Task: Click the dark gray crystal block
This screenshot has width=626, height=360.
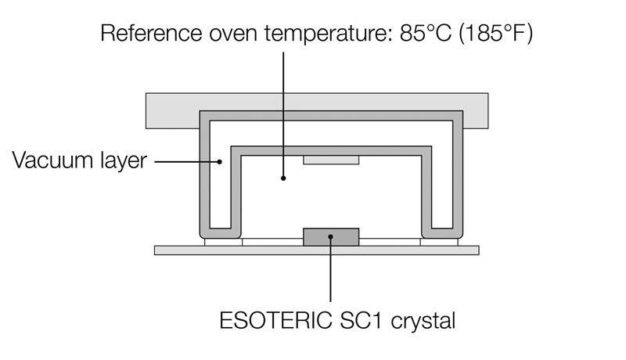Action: (331, 236)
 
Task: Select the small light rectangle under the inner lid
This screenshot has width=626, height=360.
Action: (331, 160)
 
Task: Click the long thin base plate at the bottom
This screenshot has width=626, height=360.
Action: (317, 250)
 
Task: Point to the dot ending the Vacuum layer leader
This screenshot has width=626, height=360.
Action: (221, 163)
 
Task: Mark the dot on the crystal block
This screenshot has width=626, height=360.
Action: (331, 236)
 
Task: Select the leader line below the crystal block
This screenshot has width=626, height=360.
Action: (331, 274)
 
